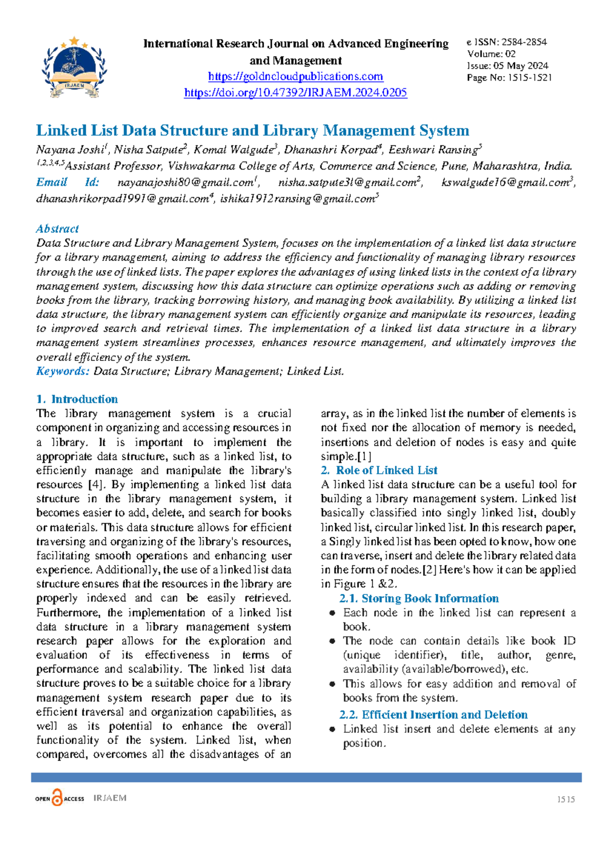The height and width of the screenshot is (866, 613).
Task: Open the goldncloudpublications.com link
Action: tap(295, 77)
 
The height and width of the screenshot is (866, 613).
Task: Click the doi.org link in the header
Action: tap(295, 92)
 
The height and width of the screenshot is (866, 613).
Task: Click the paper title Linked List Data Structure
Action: tap(252, 130)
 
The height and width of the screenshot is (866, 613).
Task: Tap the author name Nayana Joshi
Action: tap(70, 150)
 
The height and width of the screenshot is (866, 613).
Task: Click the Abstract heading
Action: tap(57, 229)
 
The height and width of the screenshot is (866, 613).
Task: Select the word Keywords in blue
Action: tap(62, 371)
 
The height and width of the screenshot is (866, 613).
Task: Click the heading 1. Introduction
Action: tap(77, 399)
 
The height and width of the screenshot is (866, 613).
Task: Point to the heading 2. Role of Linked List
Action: tap(379, 470)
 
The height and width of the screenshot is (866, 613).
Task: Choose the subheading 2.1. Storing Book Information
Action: tap(419, 598)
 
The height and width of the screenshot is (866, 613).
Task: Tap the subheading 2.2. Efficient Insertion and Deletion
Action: tap(433, 715)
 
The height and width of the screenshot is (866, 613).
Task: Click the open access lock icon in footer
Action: tap(58, 798)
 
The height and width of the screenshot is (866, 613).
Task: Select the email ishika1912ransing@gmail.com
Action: tap(297, 199)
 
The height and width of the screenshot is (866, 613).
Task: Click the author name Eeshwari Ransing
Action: tap(433, 150)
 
